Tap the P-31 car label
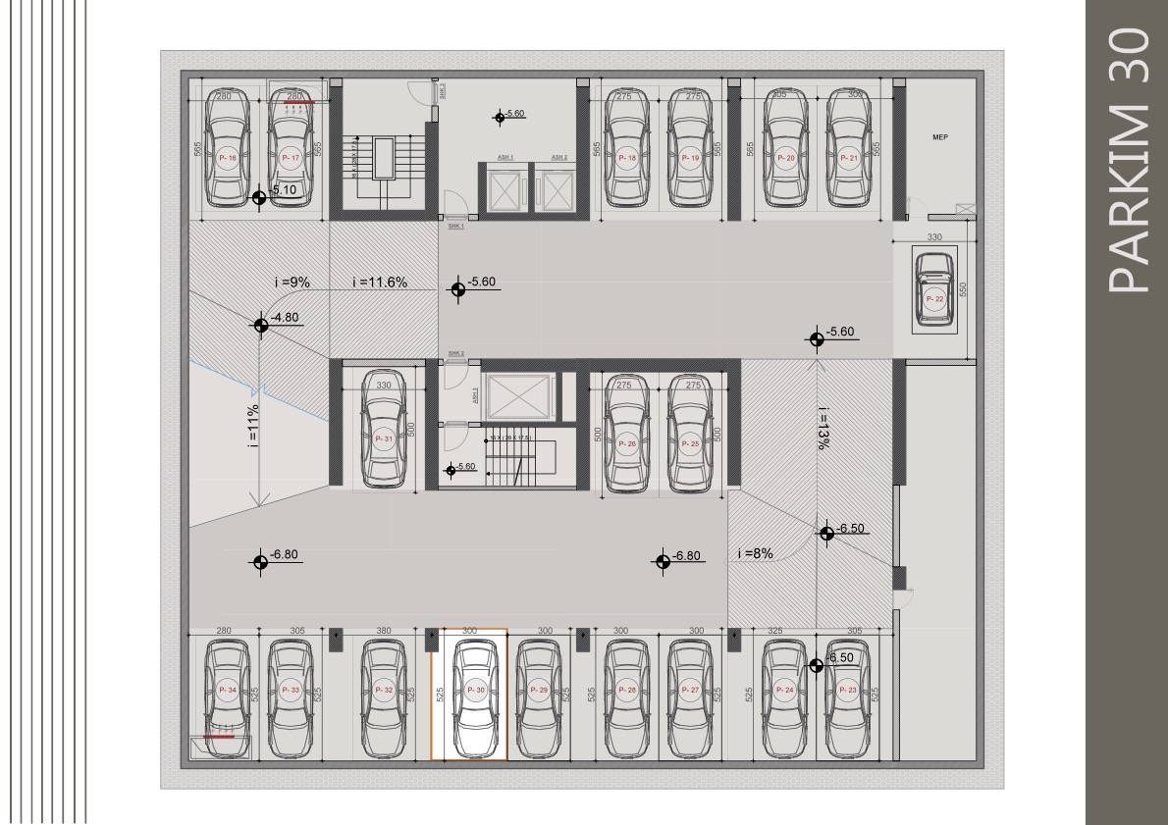click(x=384, y=439)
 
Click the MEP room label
click(x=939, y=138)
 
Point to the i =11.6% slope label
click(x=379, y=283)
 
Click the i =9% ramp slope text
click(x=292, y=283)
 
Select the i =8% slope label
click(x=756, y=553)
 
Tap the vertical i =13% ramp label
click(x=822, y=428)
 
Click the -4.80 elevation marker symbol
click(x=261, y=326)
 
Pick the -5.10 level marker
click(x=259, y=197)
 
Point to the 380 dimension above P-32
click(x=383, y=632)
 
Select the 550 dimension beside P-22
click(x=964, y=290)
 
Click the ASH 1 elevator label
click(x=504, y=157)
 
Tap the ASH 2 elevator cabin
click(x=559, y=187)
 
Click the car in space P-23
click(x=849, y=698)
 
